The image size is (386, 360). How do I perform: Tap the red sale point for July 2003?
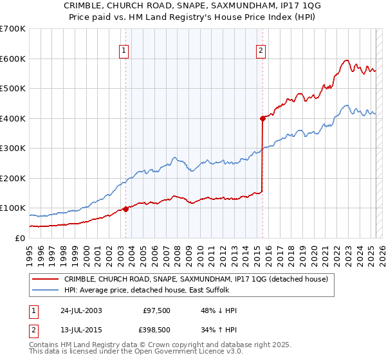(x=125, y=208)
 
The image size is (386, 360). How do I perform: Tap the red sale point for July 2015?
(x=262, y=118)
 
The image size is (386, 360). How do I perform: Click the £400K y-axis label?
(x=13, y=118)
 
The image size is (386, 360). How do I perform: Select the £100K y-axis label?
(x=13, y=208)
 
